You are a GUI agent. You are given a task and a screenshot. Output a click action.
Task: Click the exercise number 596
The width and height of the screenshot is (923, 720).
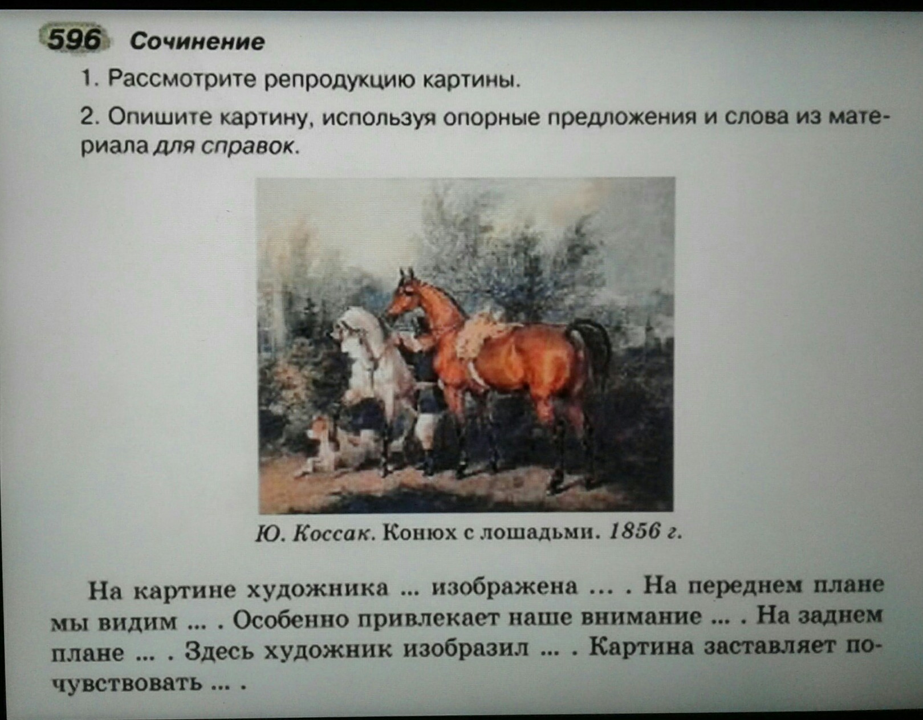(74, 40)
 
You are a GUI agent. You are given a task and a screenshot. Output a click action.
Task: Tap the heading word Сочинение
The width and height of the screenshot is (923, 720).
(197, 42)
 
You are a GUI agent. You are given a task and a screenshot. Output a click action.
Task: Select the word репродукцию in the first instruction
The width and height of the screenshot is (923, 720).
(339, 80)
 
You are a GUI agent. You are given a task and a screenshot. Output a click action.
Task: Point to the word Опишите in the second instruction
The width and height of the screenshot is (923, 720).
(160, 116)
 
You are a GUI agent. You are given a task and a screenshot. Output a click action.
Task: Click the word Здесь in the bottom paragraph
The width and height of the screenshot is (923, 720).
(221, 650)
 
